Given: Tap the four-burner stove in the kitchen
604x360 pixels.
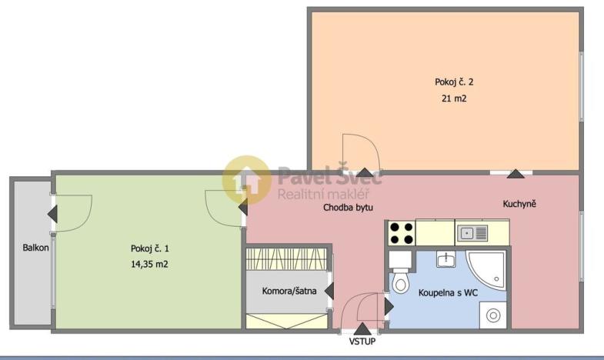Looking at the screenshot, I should click(400, 232).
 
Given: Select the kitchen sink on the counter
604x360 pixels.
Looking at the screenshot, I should click(472, 232).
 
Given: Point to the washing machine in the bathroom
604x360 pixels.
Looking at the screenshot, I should click(492, 315).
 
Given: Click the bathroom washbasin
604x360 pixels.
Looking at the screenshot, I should click(445, 260).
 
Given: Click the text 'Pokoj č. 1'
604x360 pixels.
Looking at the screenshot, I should click(149, 248).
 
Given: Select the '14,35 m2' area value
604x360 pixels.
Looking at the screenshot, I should click(149, 264).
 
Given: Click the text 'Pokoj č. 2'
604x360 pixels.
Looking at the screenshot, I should click(449, 82).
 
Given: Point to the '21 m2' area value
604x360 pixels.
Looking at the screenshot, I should click(449, 98).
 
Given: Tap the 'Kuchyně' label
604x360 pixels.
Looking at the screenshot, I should click(519, 204).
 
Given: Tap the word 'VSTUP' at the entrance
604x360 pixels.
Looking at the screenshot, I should click(362, 341).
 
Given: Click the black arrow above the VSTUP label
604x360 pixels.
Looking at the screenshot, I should click(362, 328).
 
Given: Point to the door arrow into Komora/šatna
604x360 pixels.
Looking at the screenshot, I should click(329, 291).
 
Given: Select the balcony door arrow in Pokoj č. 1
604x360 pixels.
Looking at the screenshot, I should click(52, 214).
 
